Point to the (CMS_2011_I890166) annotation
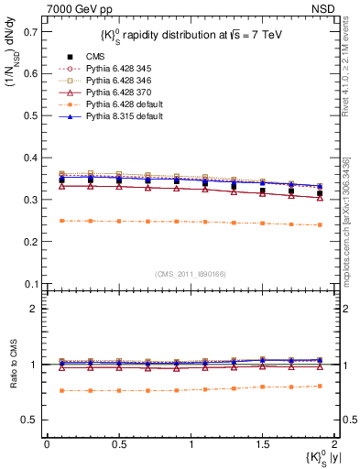coord(185,273)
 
